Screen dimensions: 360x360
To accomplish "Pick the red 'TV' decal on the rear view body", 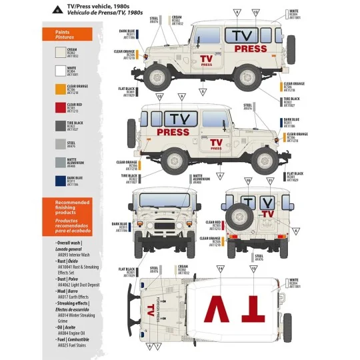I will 267,213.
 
